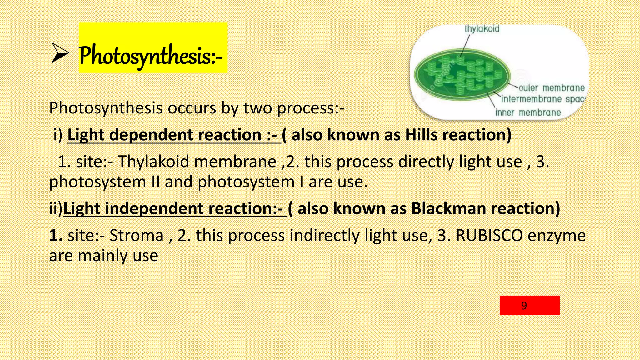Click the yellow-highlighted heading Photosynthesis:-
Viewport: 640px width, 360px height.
(x=150, y=56)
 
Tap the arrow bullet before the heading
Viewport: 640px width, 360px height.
(x=60, y=53)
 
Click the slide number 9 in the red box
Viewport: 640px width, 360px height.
(x=524, y=305)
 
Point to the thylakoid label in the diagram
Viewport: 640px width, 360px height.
(x=482, y=29)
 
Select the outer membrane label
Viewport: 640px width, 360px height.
(x=552, y=88)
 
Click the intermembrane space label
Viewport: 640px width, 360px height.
(x=543, y=99)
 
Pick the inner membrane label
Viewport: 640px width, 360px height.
(x=528, y=112)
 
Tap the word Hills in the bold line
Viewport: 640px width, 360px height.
(x=421, y=135)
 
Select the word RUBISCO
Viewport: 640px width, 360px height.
(x=489, y=235)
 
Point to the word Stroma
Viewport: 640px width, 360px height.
(x=136, y=235)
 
